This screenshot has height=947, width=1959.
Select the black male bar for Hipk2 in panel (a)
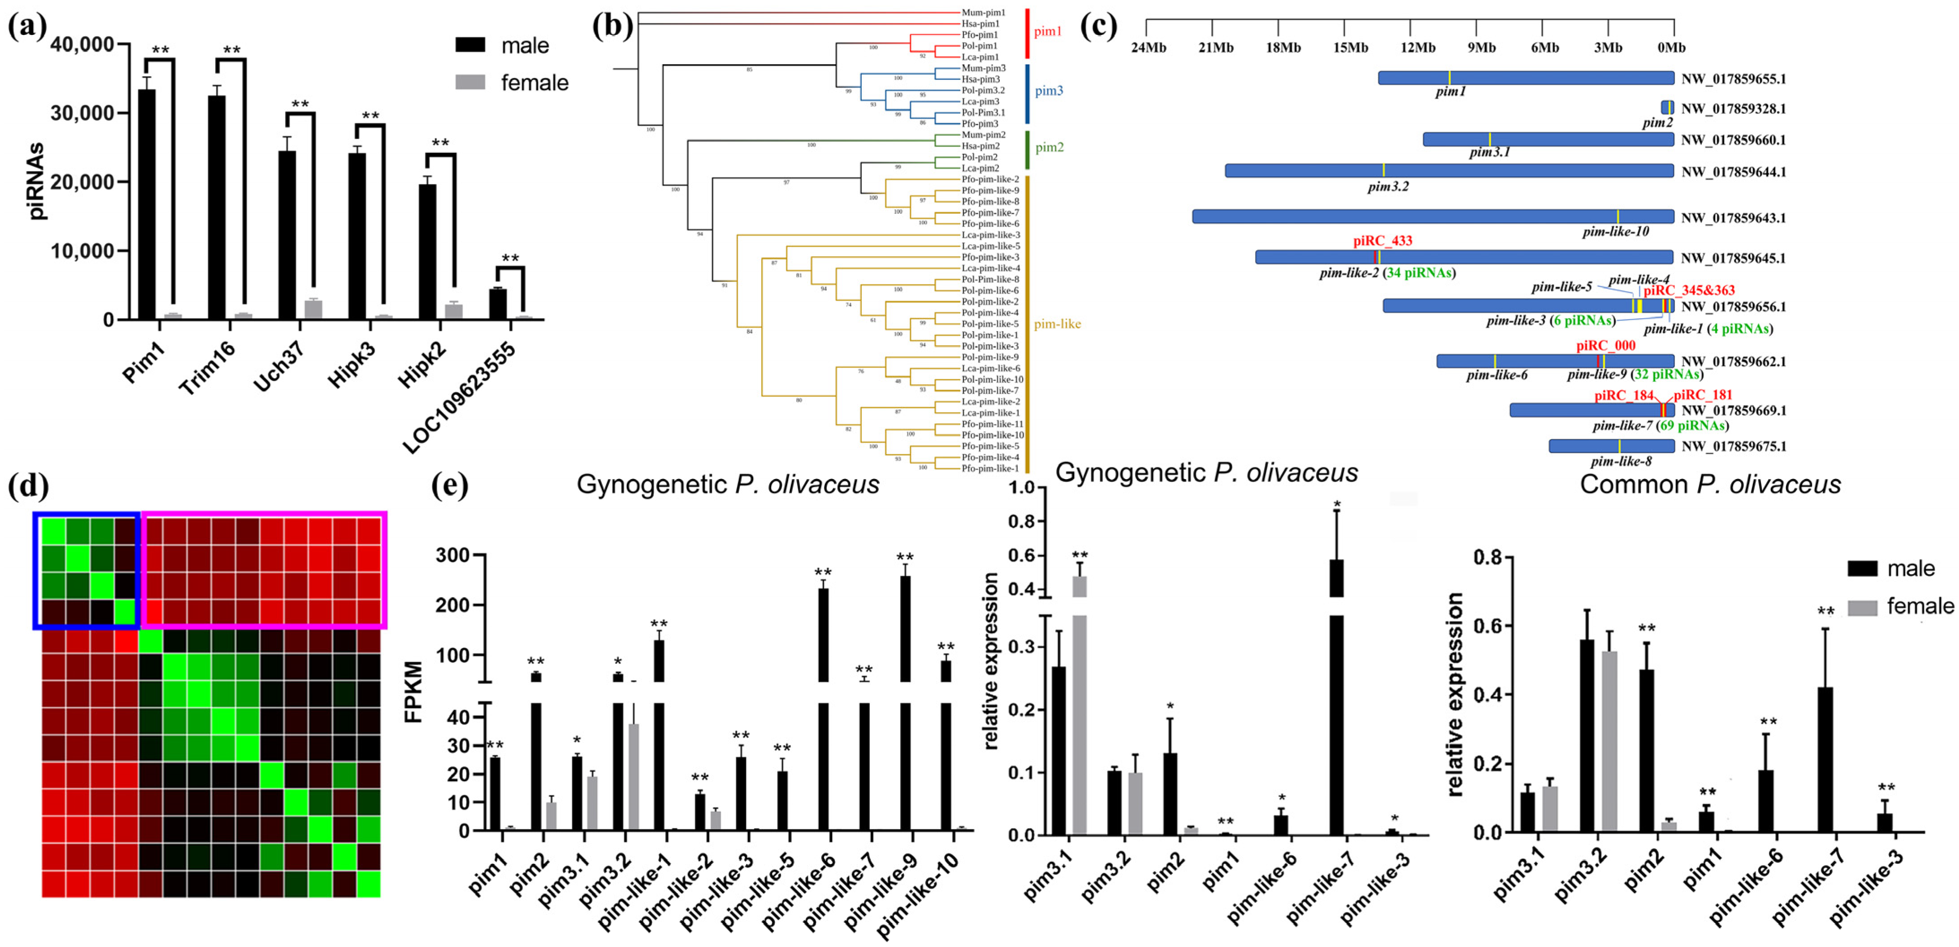427,251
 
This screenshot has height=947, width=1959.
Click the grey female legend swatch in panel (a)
470,82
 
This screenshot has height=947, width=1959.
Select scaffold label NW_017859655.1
1733,78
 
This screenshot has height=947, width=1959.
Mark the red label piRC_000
1605,346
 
